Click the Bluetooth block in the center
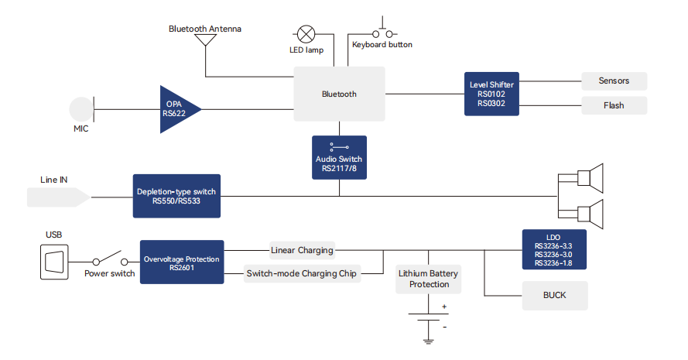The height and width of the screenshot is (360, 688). click(x=339, y=94)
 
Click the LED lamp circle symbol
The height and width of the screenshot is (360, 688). click(x=306, y=33)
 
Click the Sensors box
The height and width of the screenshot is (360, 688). click(x=614, y=81)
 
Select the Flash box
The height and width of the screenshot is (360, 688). click(x=614, y=105)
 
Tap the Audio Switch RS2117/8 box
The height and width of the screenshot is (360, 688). click(x=339, y=157)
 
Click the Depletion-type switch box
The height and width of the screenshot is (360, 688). click(x=177, y=195)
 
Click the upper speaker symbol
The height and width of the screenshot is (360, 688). click(x=589, y=178)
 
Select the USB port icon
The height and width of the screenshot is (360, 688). click(x=54, y=261)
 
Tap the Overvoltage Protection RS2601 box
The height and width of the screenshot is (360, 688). click(x=182, y=262)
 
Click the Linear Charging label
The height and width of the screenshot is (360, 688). click(x=302, y=250)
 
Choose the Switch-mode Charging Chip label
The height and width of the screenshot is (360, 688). click(x=302, y=273)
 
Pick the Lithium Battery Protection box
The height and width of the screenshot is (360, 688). click(x=429, y=279)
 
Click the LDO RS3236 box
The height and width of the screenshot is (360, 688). click(x=553, y=249)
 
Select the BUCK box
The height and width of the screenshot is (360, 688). click(x=555, y=296)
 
